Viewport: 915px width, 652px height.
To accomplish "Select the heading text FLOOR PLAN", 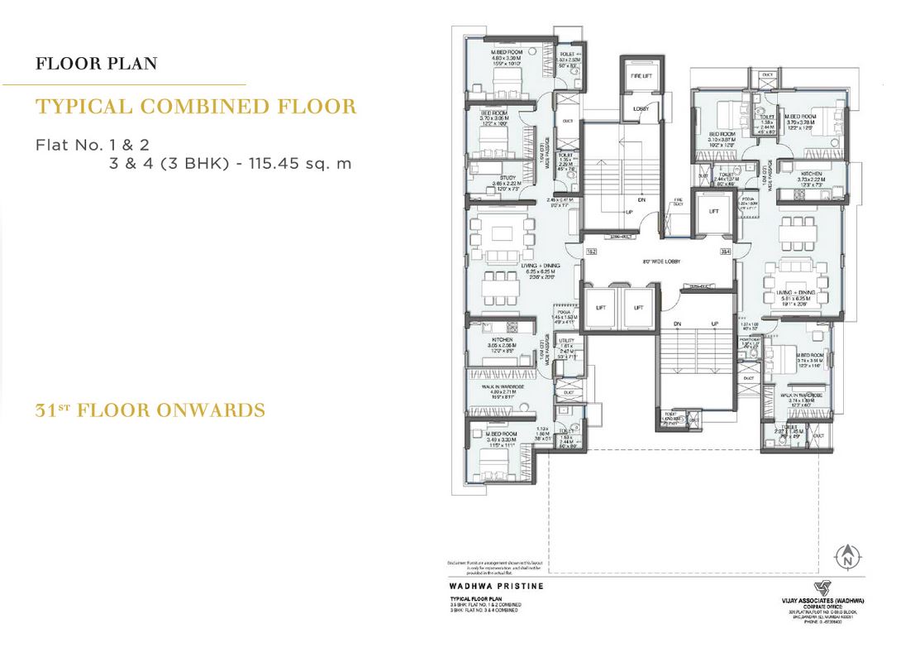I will click(x=97, y=64).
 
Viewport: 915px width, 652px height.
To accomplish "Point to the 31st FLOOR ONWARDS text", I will click(x=150, y=410).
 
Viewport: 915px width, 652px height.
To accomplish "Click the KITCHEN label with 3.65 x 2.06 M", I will click(x=503, y=340).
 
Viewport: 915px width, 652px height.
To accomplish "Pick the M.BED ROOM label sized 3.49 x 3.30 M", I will click(x=502, y=434).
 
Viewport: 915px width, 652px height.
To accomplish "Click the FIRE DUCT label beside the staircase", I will click(x=677, y=202).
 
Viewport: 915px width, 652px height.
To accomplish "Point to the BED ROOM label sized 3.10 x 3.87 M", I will click(x=722, y=133).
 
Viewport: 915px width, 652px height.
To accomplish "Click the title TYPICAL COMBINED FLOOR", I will click(x=197, y=106).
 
